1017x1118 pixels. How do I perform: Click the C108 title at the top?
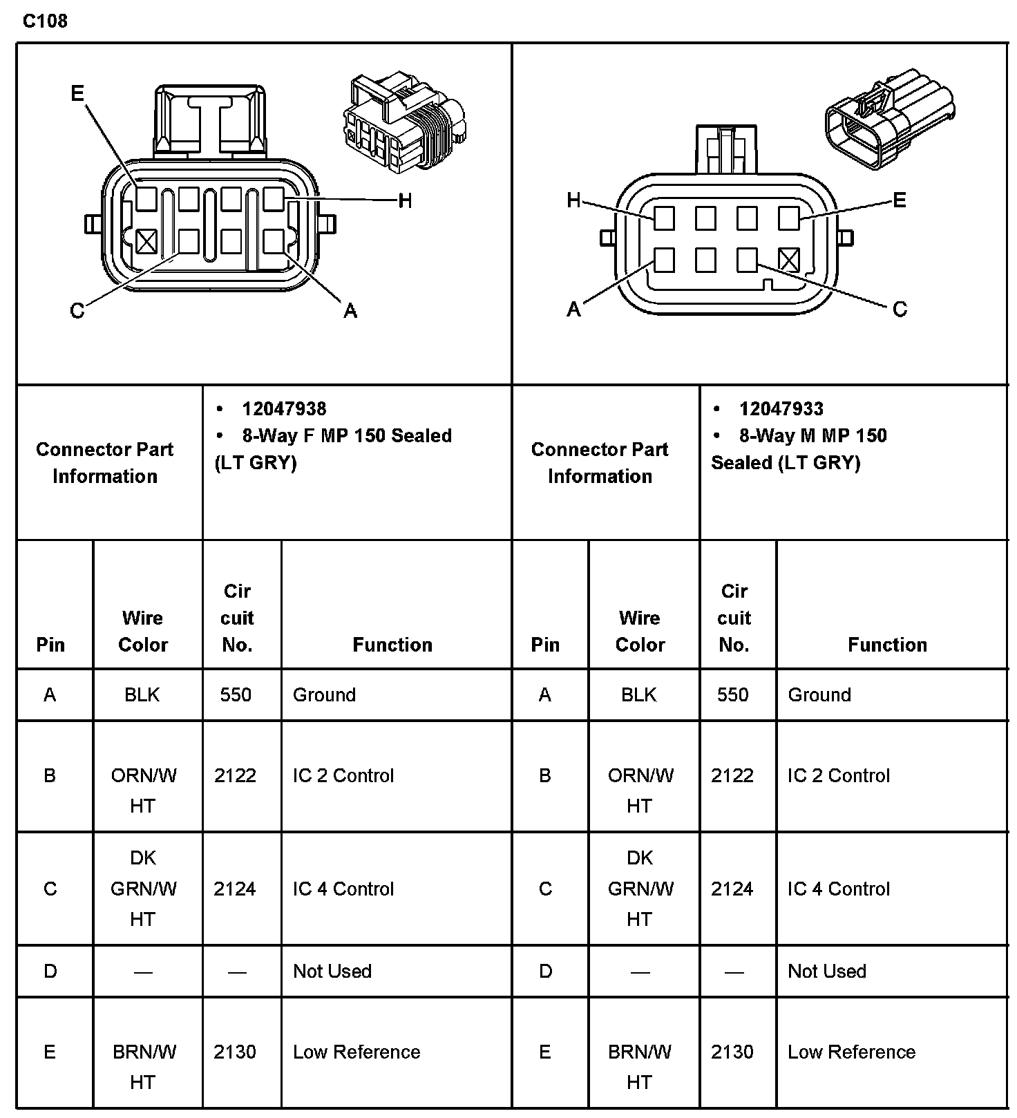pos(45,21)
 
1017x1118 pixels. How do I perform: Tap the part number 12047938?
pos(284,408)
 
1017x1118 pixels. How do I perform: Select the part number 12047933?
pos(781,408)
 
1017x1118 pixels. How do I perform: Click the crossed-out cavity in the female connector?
pos(146,241)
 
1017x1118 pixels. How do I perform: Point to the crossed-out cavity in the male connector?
pos(788,260)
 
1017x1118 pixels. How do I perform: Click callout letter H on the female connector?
pos(406,201)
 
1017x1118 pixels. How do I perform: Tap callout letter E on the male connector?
pos(899,200)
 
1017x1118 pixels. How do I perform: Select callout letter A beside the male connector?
pos(573,309)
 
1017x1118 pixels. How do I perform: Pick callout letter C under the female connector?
pos(77,311)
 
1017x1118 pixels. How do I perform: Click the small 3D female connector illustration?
pos(403,122)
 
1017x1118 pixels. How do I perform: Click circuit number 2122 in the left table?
pos(235,775)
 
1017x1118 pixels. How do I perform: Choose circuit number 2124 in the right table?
pos(732,889)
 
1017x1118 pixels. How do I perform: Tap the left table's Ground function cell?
pos(324,694)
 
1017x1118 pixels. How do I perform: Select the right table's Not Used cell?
pos(826,971)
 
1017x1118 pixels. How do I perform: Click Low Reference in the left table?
pos(357,1052)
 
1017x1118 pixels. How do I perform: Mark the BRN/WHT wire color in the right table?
pos(639,1066)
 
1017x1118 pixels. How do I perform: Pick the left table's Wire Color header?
pos(143,631)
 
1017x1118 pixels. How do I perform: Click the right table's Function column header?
pos(887,645)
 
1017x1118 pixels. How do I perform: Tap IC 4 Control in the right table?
pos(838,889)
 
